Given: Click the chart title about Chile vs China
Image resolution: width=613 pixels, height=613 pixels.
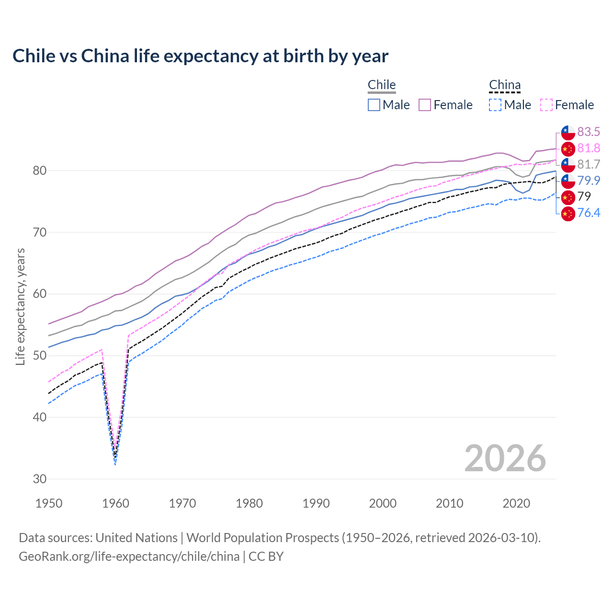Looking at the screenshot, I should [x=200, y=56].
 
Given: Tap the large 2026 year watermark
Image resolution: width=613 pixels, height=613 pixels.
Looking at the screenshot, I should [x=505, y=458].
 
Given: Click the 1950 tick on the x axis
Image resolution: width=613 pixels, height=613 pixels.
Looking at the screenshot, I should [x=49, y=503].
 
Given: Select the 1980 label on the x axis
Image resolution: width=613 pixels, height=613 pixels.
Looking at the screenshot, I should [x=250, y=503].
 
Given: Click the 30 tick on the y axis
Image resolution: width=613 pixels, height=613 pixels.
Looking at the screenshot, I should [x=40, y=479].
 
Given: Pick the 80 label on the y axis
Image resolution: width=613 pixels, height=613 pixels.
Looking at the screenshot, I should [x=40, y=170].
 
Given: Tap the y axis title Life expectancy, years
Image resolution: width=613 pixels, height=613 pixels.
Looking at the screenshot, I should [x=20, y=306].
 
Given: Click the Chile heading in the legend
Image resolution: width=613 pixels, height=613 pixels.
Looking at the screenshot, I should [x=382, y=85].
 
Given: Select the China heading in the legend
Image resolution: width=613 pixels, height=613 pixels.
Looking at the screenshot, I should [x=504, y=85].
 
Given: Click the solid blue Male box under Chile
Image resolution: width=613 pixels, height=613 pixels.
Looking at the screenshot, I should [x=374, y=105].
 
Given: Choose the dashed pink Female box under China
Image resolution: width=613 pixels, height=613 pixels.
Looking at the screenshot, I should [x=546, y=105].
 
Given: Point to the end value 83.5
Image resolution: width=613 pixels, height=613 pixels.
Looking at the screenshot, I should [x=589, y=132].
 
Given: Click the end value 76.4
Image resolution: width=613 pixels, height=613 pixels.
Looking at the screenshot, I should [x=589, y=213].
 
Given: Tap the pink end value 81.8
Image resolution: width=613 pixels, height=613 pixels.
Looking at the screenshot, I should [x=589, y=148].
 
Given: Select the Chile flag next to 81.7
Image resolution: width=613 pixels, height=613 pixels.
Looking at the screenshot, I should [x=568, y=164].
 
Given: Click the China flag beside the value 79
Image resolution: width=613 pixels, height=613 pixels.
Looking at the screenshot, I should [x=568, y=197].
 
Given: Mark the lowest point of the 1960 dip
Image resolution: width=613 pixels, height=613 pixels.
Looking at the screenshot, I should [x=115, y=464].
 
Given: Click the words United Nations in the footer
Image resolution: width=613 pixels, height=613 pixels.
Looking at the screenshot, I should [x=136, y=538].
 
